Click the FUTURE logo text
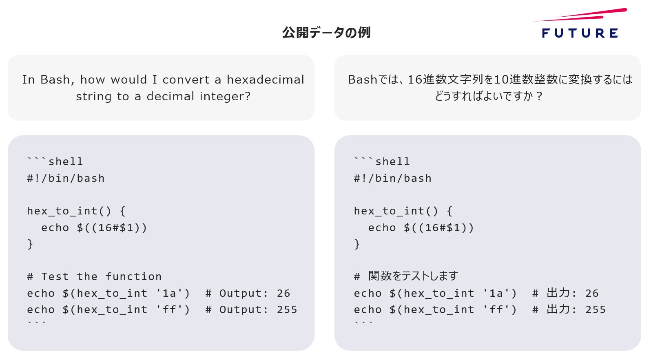pyautogui.click(x=580, y=33)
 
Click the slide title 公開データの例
pyautogui.click(x=326, y=33)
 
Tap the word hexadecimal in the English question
pyautogui.click(x=266, y=80)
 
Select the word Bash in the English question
pyautogui.click(x=57, y=80)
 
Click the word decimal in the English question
pyautogui.click(x=170, y=97)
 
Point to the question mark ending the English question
pyautogui.click(x=248, y=97)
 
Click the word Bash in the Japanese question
pyautogui.click(x=362, y=80)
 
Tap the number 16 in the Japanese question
pyautogui.click(x=415, y=80)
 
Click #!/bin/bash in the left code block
pyautogui.click(x=66, y=179)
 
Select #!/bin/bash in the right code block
pyautogui.click(x=393, y=179)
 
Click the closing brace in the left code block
pyautogui.click(x=30, y=244)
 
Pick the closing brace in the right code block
pyautogui.click(x=357, y=244)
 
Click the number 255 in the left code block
pyautogui.click(x=287, y=310)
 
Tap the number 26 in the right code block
pyautogui.click(x=592, y=294)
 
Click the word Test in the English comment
pyautogui.click(x=55, y=276)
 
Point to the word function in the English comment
pyautogui.click(x=133, y=276)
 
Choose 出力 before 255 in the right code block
pyautogui.click(x=558, y=309)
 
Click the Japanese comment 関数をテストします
pyautogui.click(x=413, y=276)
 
